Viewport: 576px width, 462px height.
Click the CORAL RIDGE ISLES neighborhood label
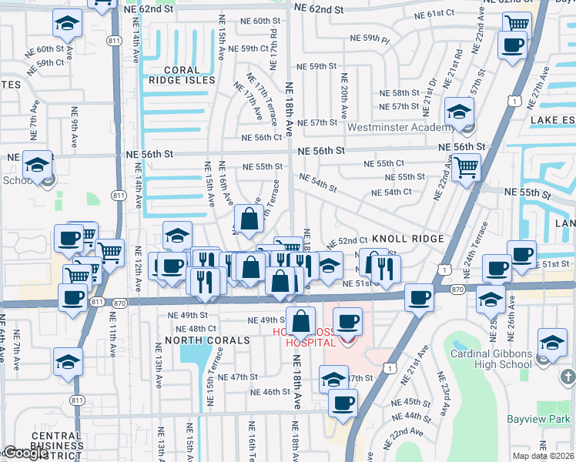tap(182, 75)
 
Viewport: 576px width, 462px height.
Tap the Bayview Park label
tap(537, 420)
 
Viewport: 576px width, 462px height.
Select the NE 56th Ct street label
tap(262, 138)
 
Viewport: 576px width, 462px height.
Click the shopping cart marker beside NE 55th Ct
tap(467, 166)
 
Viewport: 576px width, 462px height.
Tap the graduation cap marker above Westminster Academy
tap(459, 112)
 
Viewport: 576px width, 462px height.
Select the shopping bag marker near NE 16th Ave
tap(249, 219)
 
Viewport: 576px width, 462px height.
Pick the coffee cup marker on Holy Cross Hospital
tap(347, 320)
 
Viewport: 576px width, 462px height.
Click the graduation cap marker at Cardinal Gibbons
tap(552, 342)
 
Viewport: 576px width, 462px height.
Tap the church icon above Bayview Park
tap(568, 377)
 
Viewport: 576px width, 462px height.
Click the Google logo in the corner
tap(25, 453)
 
